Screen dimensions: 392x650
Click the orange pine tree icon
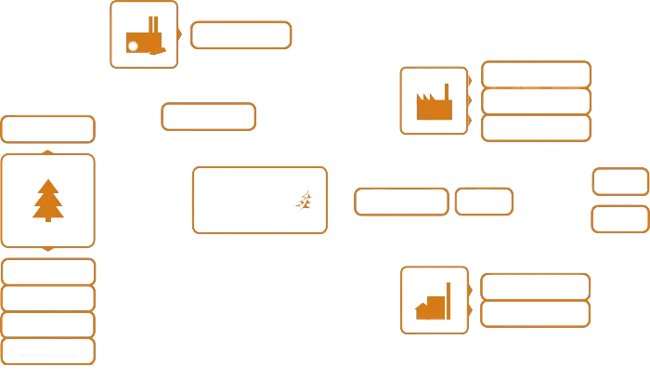coord(47,201)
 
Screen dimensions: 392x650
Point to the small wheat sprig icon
coord(305,200)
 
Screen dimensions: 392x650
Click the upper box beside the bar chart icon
coord(535,286)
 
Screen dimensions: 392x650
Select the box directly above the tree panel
coord(48,129)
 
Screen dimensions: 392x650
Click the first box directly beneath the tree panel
coord(48,271)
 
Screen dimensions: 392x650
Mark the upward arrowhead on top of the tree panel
coord(47,150)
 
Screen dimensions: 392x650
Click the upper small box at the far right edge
coord(619,182)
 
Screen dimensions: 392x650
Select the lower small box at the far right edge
coord(619,219)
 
